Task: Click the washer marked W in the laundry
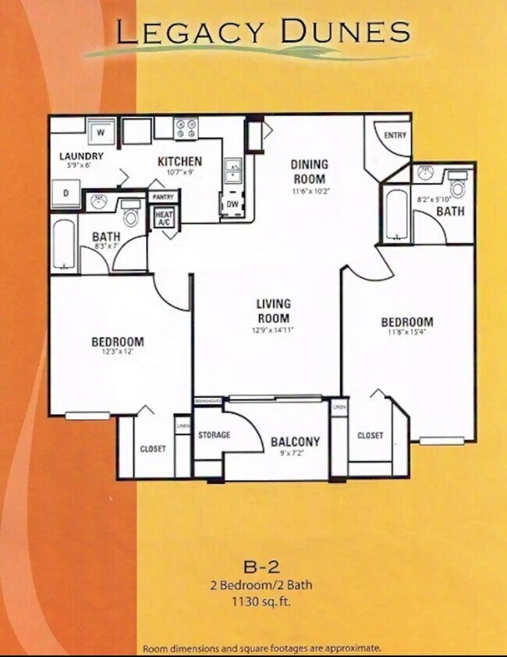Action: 101,132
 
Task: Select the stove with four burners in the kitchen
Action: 188,128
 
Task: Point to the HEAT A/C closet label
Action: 164,218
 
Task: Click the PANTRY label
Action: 163,197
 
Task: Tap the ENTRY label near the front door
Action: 395,136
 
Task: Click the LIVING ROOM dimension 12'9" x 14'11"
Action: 272,329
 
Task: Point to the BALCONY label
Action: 295,442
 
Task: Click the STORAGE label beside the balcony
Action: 214,435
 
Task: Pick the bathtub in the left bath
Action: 63,243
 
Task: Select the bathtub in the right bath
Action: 395,213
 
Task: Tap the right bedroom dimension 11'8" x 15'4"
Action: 406,334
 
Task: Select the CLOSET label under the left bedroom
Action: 153,449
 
